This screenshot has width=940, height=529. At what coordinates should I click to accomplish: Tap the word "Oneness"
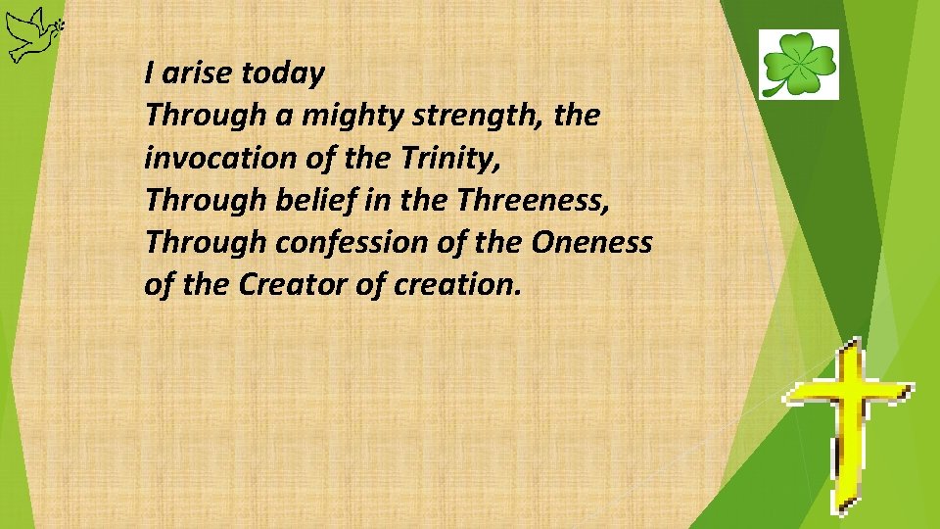pos(591,242)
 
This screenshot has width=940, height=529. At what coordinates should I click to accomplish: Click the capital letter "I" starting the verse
pos(149,72)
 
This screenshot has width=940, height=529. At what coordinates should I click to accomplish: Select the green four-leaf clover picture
pos(799,64)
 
